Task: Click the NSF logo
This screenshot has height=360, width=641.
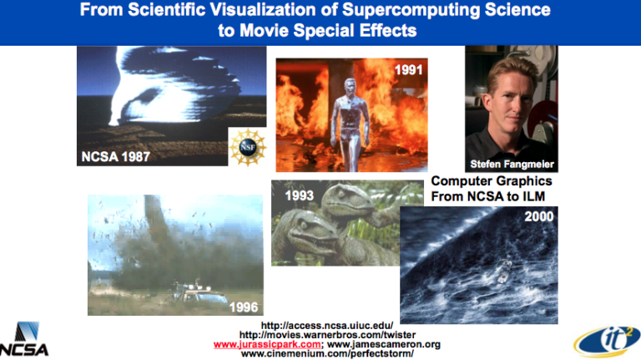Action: pyautogui.click(x=248, y=147)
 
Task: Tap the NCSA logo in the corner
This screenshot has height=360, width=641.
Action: pyautogui.click(x=24, y=339)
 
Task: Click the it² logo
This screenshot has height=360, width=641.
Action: pyautogui.click(x=607, y=341)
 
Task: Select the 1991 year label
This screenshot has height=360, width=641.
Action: pyautogui.click(x=408, y=70)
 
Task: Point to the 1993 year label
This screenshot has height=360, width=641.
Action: pyautogui.click(x=300, y=195)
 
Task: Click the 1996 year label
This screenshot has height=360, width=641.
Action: pyautogui.click(x=244, y=307)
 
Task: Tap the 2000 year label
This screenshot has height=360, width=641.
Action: pyautogui.click(x=539, y=216)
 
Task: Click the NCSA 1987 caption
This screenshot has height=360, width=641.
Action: pyautogui.click(x=116, y=157)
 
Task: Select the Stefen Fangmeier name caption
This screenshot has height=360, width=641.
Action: pyautogui.click(x=512, y=164)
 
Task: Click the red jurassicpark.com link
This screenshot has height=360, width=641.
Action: pyautogui.click(x=267, y=344)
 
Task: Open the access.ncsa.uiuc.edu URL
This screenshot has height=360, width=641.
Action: pyautogui.click(x=327, y=326)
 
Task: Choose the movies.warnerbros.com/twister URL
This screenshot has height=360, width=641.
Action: pyautogui.click(x=327, y=335)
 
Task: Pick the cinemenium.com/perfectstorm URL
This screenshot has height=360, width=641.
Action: pyautogui.click(x=327, y=353)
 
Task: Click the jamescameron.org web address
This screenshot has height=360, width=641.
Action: pyautogui.click(x=384, y=344)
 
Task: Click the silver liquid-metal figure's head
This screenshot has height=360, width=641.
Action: pyautogui.click(x=350, y=87)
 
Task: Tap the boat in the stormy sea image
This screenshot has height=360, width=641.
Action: pyautogui.click(x=503, y=271)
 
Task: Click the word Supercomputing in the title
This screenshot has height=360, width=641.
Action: pyautogui.click(x=411, y=10)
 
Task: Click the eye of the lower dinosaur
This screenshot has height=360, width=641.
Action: pyautogui.click(x=304, y=226)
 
